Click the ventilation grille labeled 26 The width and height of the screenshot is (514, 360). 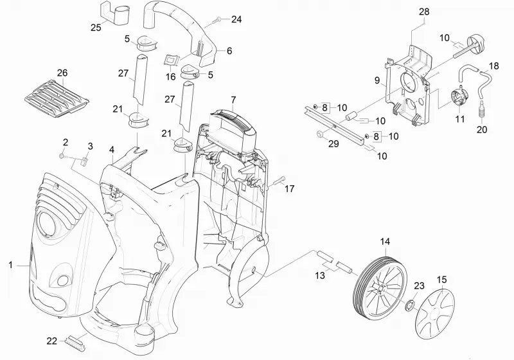click(57, 98)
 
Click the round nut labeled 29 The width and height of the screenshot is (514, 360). click(319, 134)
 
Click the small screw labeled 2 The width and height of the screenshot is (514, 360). click(62, 155)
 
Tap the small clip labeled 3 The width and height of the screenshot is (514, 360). click(85, 161)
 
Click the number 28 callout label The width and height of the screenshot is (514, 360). click(424, 12)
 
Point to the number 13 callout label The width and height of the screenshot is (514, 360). click(320, 275)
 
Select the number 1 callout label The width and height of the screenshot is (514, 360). click(10, 265)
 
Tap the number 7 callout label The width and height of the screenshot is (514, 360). click(233, 99)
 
